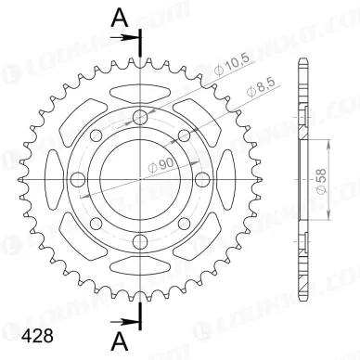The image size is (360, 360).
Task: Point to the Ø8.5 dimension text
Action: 257,92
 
